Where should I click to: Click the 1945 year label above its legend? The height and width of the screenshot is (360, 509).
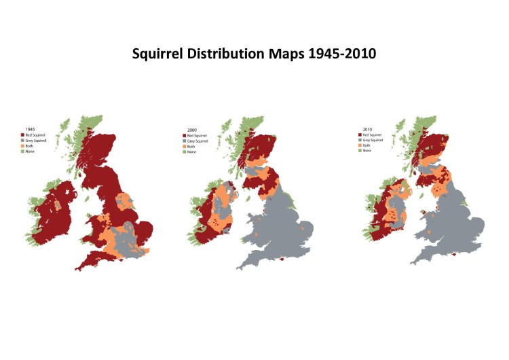tap(31, 129)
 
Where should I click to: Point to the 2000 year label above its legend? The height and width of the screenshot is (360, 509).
tap(191, 129)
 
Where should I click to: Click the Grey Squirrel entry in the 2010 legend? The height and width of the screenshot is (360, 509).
tap(371, 140)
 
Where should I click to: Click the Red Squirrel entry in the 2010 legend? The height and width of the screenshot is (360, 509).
tap(371, 134)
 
